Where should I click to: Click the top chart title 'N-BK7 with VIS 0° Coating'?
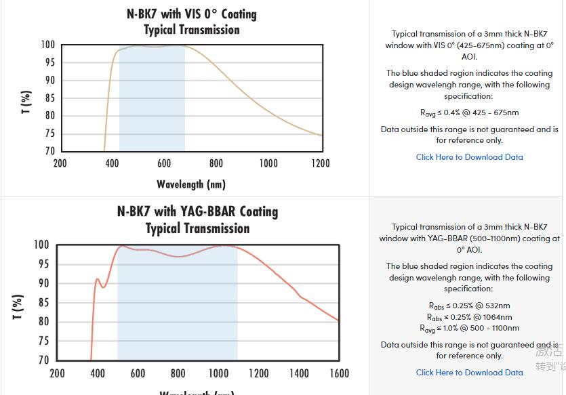pos(192,14)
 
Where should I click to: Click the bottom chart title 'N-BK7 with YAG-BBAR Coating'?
pos(197,211)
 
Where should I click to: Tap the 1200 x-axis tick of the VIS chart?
pos(321,163)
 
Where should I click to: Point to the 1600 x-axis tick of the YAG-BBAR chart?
pos(339,373)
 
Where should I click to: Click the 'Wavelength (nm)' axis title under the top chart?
pos(191,184)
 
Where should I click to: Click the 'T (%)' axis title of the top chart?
pos(26,102)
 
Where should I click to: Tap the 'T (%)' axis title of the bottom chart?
pos(18,307)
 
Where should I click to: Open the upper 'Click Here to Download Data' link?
pos(469,157)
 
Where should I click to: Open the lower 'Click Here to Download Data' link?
pos(469,372)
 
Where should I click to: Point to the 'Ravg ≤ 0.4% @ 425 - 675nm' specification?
pos(469,112)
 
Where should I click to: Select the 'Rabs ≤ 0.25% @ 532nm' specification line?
pos(469,306)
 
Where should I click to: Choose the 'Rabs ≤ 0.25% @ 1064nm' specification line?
pos(469,317)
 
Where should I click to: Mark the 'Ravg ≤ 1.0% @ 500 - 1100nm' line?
pos(469,329)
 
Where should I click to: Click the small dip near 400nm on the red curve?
pos(104,287)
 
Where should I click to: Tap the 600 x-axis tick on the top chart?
pos(164,163)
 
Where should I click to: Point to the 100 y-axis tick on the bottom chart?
pos(41,245)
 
